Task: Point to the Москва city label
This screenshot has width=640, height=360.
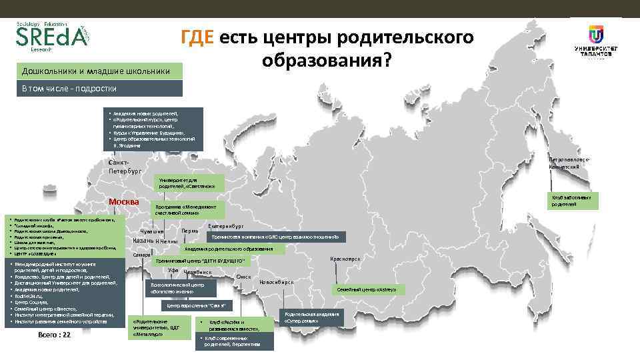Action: (x=124, y=202)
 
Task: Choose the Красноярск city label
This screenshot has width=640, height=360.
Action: (x=345, y=259)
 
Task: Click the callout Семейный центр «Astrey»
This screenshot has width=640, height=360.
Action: (x=361, y=289)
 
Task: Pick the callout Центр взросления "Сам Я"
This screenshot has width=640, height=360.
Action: (x=195, y=305)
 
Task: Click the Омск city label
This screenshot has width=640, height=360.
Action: (x=243, y=277)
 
